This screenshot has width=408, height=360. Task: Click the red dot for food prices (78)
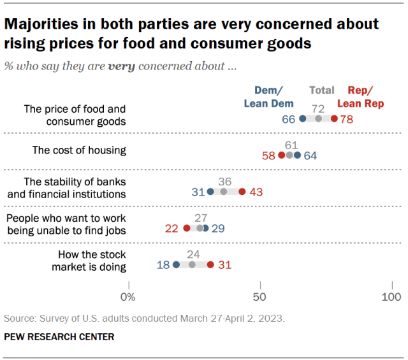334,119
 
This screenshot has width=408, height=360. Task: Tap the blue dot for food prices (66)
302,119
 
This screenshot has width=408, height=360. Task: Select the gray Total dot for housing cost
289,155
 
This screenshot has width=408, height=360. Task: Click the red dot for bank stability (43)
242,191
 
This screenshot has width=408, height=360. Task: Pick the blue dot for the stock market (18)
177,264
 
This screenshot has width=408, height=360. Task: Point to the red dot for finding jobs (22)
187,227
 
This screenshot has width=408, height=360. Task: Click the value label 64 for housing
310,155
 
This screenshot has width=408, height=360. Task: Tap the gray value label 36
224,181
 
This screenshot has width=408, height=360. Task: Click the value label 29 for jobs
218,227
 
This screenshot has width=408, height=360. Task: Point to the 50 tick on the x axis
259,297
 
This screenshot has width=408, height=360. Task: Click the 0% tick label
128,297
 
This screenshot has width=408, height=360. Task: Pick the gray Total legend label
321,90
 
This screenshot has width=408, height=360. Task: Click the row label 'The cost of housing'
79,150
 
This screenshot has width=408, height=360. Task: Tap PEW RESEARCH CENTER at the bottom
59,336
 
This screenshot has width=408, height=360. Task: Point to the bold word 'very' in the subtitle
122,66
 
